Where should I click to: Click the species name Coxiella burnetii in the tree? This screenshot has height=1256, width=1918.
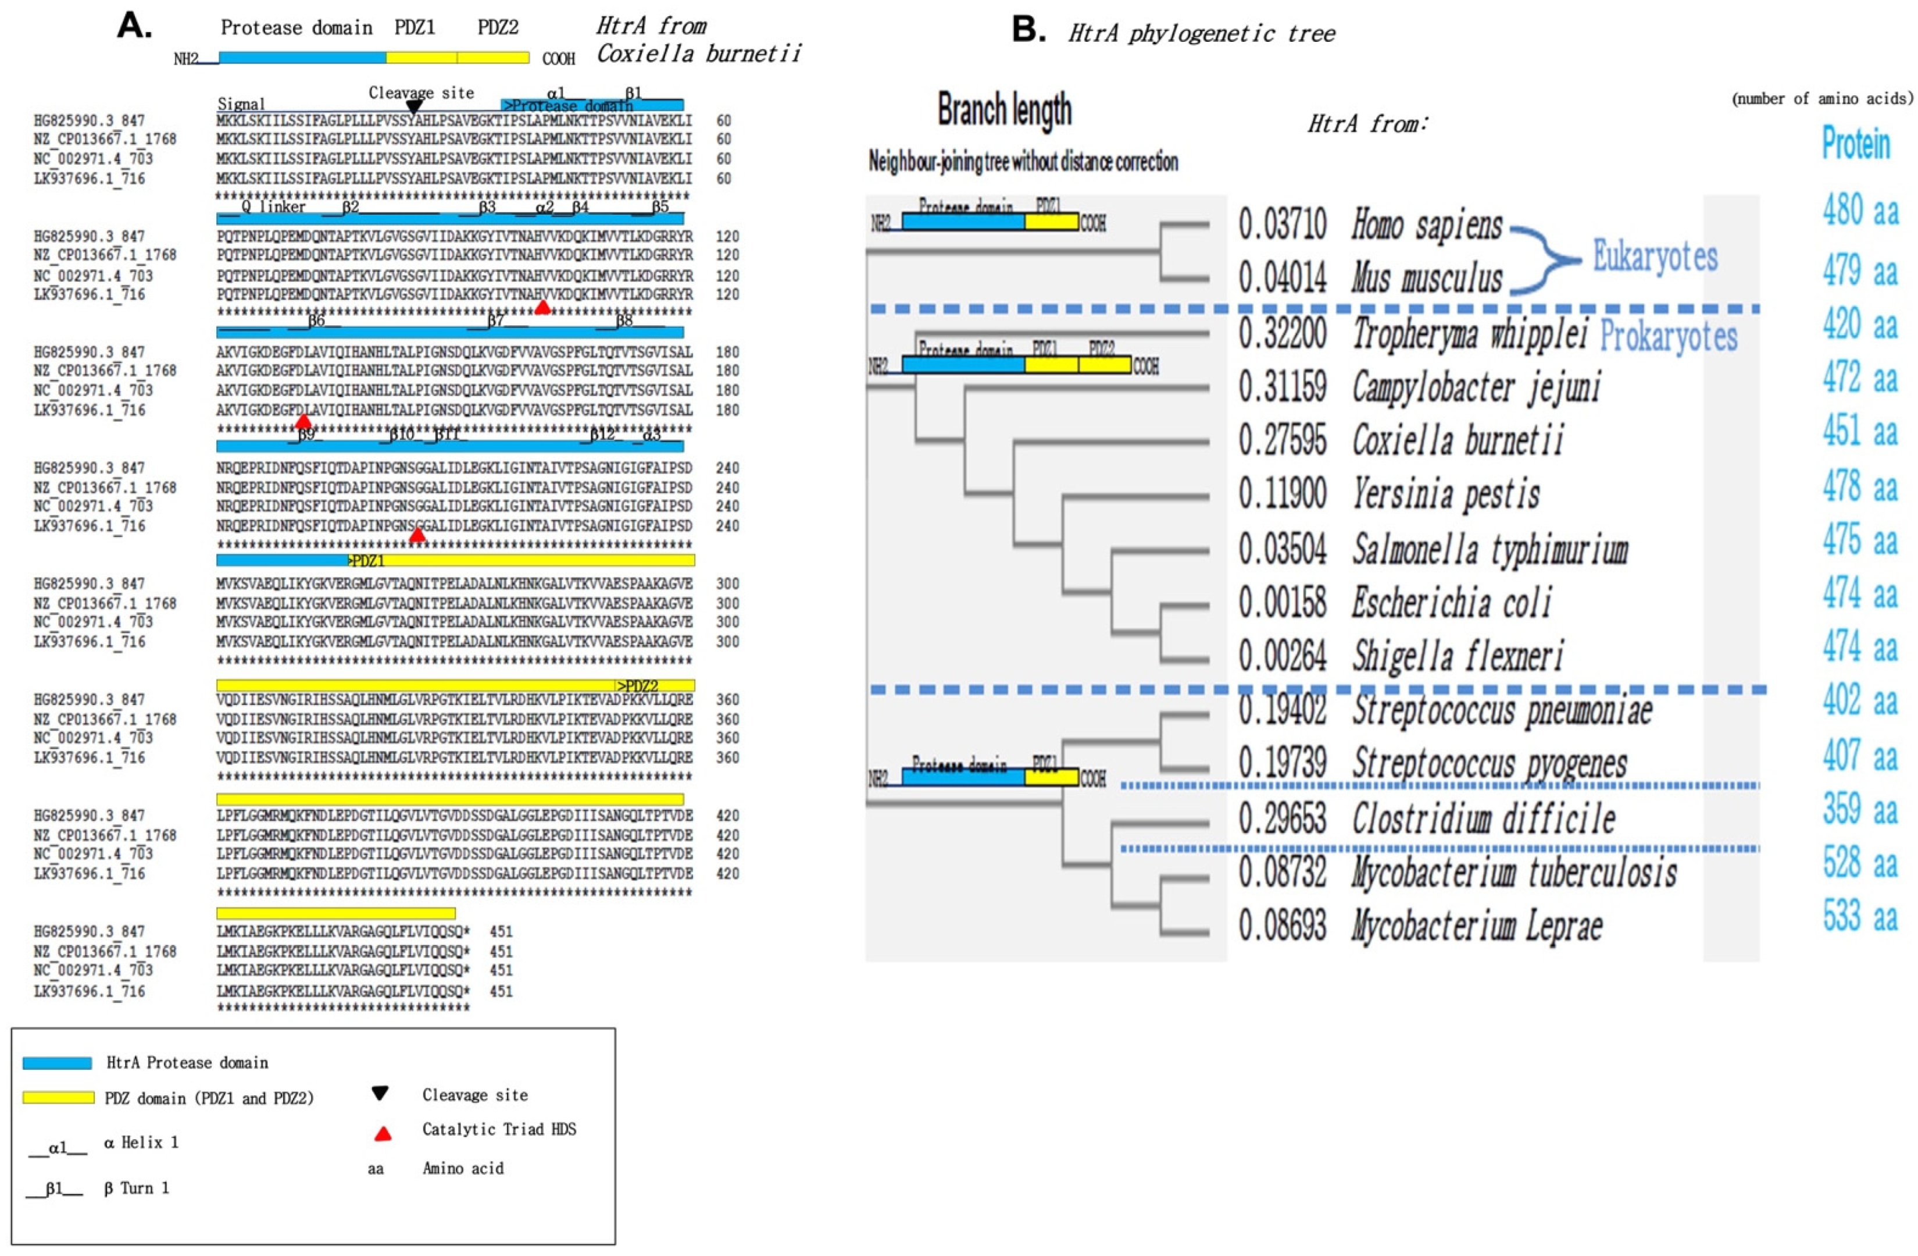1457,441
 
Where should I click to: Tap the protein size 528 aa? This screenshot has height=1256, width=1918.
1860,863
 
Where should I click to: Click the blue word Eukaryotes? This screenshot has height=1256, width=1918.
1655,257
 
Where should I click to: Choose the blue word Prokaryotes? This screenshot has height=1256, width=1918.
1667,337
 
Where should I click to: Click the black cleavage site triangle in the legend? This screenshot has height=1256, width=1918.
380,1093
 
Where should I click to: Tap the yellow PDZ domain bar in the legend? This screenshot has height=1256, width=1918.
58,1097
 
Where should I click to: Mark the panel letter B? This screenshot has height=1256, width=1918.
1028,30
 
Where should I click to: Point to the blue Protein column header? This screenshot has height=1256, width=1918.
1856,144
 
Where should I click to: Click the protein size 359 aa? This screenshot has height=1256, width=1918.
1860,809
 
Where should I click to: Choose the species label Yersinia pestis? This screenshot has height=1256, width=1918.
1445,494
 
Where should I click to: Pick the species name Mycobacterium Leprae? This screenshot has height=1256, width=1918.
1476,926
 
